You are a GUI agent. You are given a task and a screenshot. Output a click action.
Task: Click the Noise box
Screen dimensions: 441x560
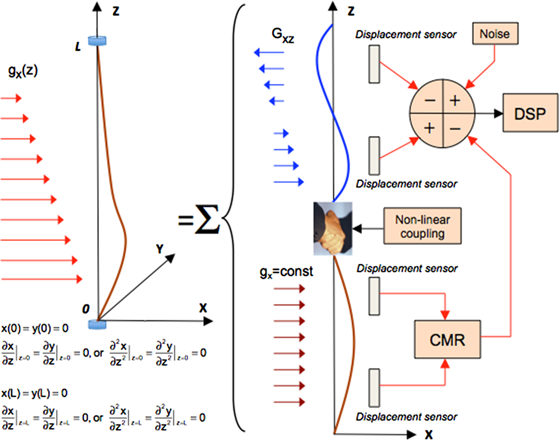pos(495,34)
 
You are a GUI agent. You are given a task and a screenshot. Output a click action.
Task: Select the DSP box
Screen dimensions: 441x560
pos(530,113)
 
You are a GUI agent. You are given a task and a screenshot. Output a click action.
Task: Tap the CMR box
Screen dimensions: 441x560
pos(447,340)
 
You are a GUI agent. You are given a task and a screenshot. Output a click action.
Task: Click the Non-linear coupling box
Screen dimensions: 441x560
pos(422,226)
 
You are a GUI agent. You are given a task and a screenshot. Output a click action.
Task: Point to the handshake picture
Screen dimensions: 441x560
pos(333,229)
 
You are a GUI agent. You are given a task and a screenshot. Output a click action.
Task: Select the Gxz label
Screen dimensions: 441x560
pos(282,35)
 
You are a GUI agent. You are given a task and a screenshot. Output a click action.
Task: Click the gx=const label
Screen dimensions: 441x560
pos(286,272)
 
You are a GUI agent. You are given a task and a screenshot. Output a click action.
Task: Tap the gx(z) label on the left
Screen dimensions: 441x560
pos(23,71)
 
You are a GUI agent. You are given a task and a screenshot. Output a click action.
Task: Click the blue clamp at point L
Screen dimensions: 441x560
pos(97,41)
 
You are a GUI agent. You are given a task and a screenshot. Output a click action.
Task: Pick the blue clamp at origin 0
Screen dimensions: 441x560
pos(97,324)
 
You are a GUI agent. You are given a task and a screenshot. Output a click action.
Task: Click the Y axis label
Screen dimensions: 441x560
pos(160,249)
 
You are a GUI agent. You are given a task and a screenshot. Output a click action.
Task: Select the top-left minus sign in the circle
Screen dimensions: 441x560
pos(430,100)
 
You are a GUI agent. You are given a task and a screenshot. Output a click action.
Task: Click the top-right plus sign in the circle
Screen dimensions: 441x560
pos(455,100)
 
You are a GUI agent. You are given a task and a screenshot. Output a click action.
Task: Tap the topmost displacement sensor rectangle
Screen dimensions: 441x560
pos(374,64)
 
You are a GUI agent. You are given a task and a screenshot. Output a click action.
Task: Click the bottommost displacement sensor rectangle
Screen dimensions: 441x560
pos(374,388)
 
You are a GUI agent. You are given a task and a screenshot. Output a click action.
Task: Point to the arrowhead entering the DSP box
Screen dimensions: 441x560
pos(498,113)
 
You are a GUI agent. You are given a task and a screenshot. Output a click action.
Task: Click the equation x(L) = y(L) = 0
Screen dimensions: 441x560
pos(34,393)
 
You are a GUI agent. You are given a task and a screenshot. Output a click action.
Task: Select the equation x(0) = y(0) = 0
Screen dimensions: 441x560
pos(35,329)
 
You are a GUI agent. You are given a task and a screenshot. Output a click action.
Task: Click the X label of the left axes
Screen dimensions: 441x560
pos(203,308)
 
